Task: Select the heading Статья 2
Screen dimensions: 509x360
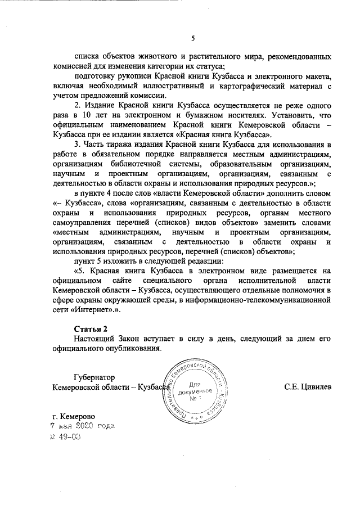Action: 90,328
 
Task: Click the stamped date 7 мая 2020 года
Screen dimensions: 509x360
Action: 82,426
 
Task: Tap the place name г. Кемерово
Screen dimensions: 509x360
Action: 73,416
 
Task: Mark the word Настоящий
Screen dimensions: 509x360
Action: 95,338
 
